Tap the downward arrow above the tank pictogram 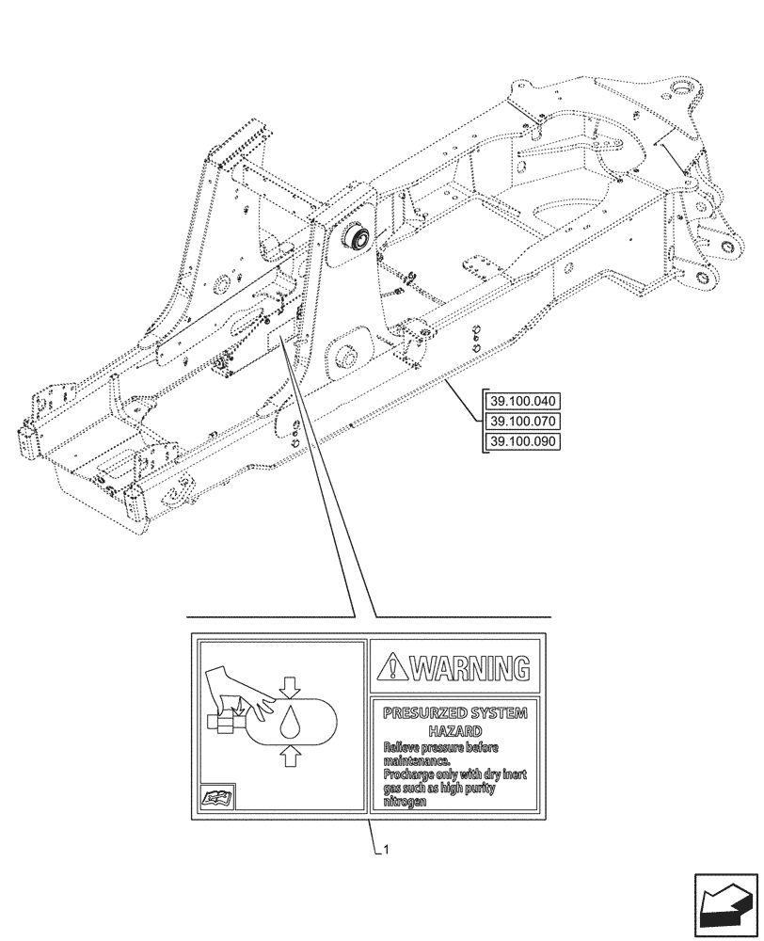tap(291, 688)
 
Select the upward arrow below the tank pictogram tap(291, 753)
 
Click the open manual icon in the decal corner tap(218, 798)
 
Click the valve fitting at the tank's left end tap(226, 723)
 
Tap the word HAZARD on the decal tap(455, 730)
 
